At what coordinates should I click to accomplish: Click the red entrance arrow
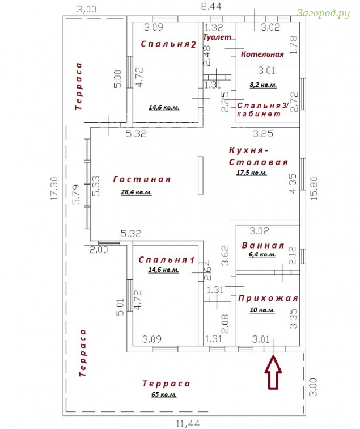pos(273,372)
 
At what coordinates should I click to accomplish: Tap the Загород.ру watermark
pos(323,13)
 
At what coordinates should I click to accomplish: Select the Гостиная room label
pos(142,179)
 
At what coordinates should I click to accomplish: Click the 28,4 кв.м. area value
pos(137,192)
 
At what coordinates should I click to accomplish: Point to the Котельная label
pos(262,54)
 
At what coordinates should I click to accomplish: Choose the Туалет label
pos(217,37)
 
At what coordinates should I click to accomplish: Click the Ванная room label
pos(263,245)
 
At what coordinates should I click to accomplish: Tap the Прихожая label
pos(268,298)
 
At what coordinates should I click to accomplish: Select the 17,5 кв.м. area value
pos(252,173)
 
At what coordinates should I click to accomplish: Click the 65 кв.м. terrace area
pos(164,394)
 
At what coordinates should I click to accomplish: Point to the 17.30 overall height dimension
pos(54,188)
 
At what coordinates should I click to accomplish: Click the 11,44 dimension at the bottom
pos(188,424)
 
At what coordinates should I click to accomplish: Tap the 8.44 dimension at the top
pos(211,6)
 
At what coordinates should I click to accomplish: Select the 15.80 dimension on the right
pos(314,188)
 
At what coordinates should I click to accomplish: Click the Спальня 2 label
pos(168,44)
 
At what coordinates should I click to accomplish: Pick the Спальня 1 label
pos(167,260)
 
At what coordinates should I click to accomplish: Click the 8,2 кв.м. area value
pos(263,85)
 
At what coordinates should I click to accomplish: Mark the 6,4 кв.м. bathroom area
pos(262,254)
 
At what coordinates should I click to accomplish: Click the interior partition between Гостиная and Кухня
pos(201,175)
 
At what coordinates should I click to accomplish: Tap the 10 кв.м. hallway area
pos(262,310)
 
